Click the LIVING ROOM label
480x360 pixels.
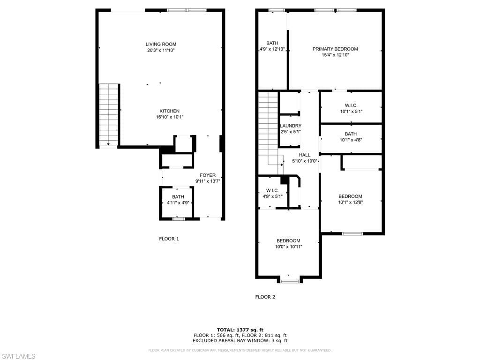161,44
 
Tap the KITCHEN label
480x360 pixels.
169,111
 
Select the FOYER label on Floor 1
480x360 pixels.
208,175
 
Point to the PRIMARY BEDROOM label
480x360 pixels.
335,49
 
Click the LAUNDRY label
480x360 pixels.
291,126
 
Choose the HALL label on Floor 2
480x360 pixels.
305,155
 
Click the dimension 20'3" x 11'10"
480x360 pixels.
161,50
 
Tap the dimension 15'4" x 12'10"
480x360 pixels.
335,55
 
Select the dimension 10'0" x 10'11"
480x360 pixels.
288,247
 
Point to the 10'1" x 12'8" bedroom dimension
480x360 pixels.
351,202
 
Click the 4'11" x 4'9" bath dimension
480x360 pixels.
178,202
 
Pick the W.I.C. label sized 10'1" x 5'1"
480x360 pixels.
351,105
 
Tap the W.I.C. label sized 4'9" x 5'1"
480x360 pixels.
272,190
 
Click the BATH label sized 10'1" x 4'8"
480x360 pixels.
351,134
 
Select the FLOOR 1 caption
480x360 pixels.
169,239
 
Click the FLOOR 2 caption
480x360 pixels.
265,297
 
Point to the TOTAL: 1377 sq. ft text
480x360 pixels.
240,330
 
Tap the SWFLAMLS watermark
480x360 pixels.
18,356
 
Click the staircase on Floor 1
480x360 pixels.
108,115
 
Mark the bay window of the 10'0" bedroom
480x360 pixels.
290,281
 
